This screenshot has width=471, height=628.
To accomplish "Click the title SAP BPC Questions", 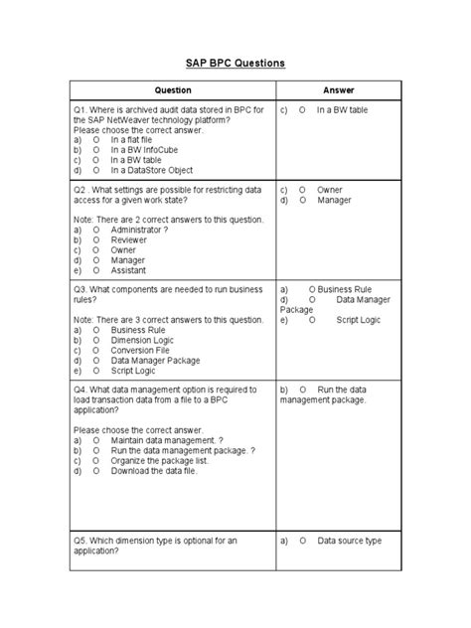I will click(235, 63).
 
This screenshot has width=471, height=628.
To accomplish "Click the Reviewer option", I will click(130, 240).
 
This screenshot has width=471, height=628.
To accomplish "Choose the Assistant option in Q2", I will click(129, 269).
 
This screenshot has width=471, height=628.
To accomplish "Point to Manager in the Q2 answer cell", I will click(335, 200).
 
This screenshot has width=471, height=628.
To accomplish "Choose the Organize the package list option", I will click(161, 459).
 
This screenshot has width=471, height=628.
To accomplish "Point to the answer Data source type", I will click(349, 541).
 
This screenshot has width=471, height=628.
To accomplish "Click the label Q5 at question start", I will click(80, 541).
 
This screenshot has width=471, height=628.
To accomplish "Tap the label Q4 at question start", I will click(80, 390).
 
